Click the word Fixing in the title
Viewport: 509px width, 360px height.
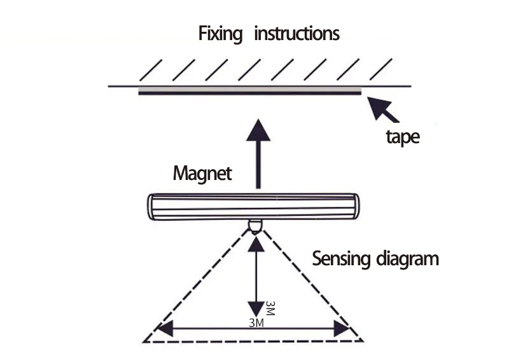coord(220,33)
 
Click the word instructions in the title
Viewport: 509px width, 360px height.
coord(296,32)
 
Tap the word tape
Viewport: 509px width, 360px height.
coord(403,137)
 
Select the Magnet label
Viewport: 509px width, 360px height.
coord(202,173)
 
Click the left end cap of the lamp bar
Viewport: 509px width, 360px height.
coord(153,207)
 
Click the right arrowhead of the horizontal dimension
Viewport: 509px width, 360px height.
coord(342,329)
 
